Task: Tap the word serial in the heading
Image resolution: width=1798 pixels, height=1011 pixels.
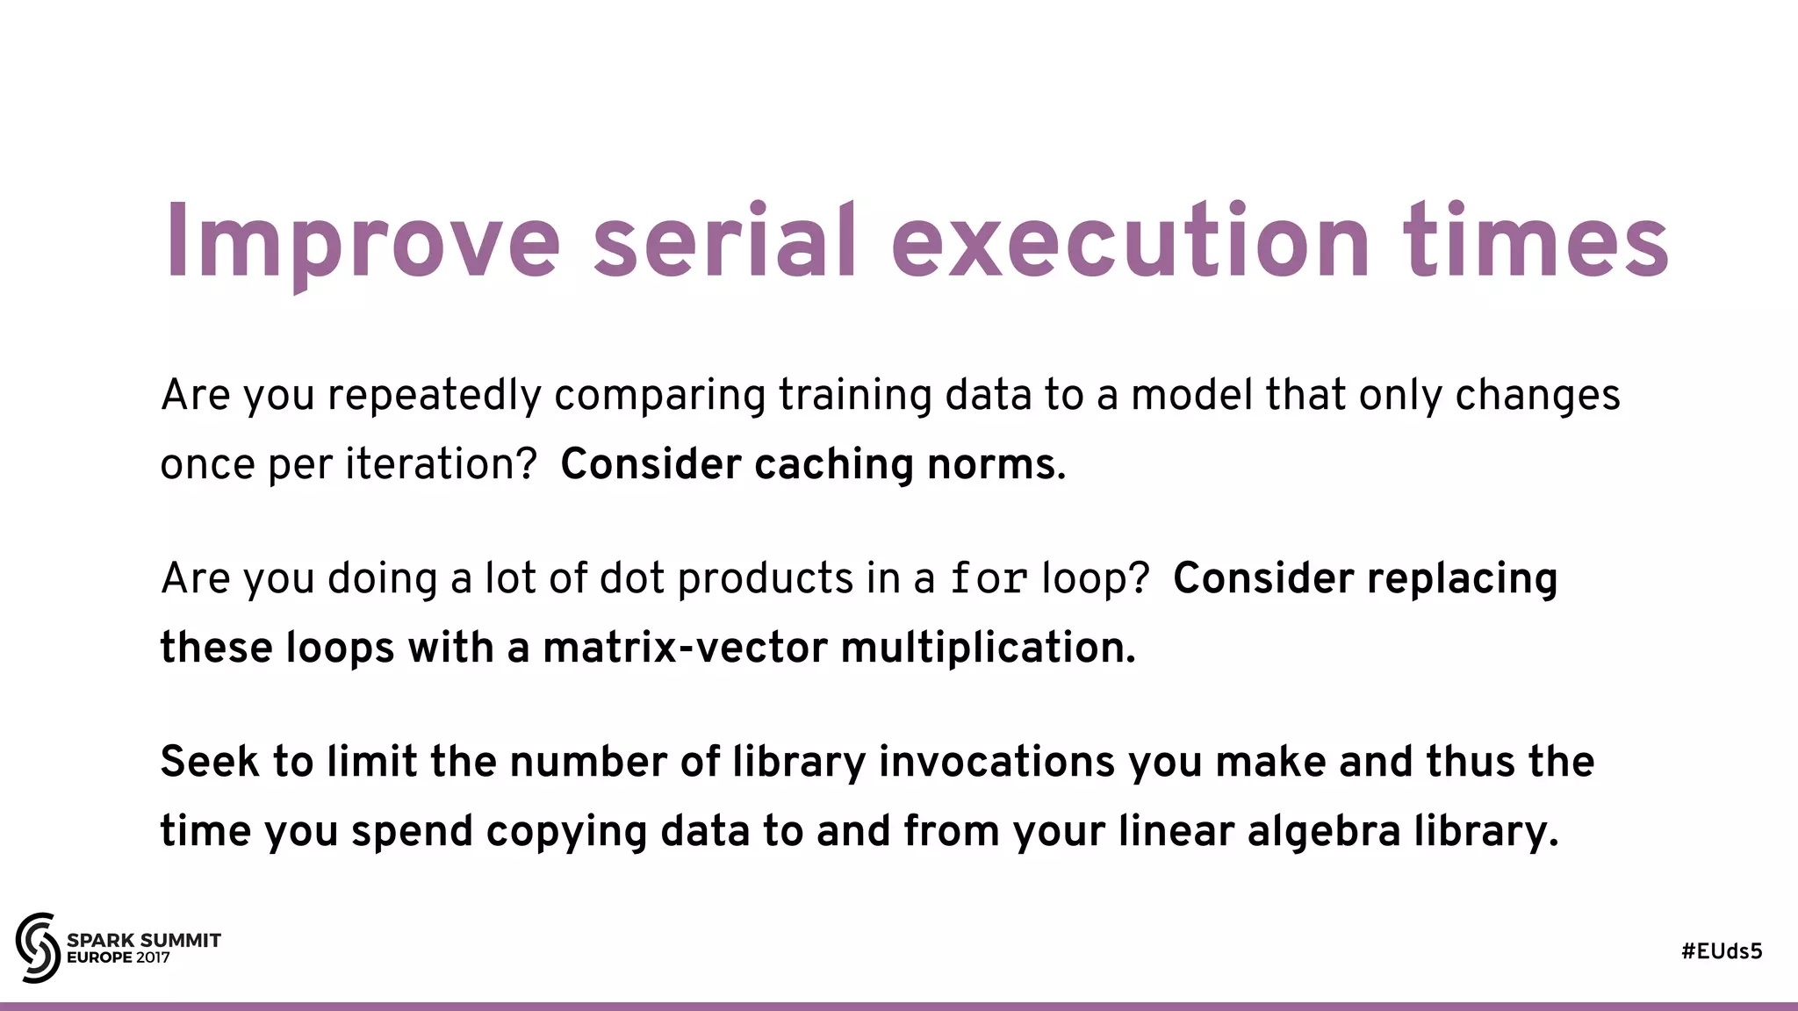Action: (724, 241)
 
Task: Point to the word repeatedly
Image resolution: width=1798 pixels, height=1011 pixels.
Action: (435, 396)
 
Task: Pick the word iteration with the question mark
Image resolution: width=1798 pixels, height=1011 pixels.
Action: (440, 464)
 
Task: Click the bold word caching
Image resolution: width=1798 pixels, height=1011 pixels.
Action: (833, 464)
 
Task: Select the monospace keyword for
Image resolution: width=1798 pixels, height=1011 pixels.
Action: (989, 578)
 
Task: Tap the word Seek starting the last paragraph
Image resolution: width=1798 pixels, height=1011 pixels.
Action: (209, 761)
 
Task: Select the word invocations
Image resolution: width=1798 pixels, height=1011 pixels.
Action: (996, 761)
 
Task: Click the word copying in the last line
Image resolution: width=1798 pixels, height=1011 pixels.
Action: (566, 831)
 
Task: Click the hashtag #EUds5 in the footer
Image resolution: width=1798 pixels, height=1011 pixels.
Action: (1722, 951)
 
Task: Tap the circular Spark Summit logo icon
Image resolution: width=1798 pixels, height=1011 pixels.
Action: (37, 947)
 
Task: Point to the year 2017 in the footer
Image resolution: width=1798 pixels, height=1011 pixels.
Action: (154, 957)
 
